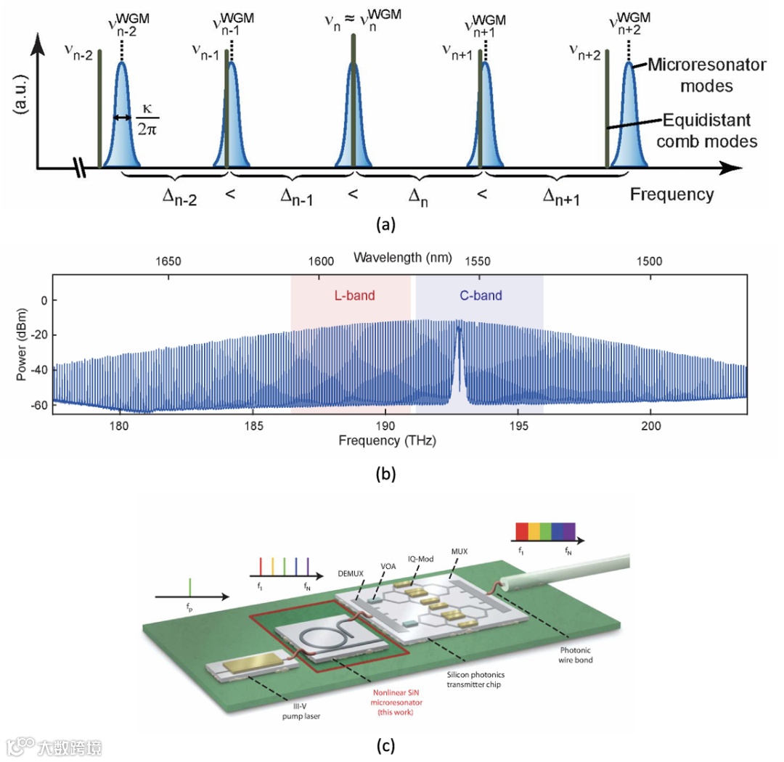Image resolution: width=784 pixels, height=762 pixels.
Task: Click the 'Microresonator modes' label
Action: coord(706,75)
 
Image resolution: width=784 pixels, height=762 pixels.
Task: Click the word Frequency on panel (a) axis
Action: coord(671,194)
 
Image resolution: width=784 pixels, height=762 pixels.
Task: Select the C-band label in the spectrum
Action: coord(481,295)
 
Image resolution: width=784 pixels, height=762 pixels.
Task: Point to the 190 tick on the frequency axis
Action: coord(385,426)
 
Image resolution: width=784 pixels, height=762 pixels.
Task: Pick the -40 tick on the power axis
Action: coord(36,369)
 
